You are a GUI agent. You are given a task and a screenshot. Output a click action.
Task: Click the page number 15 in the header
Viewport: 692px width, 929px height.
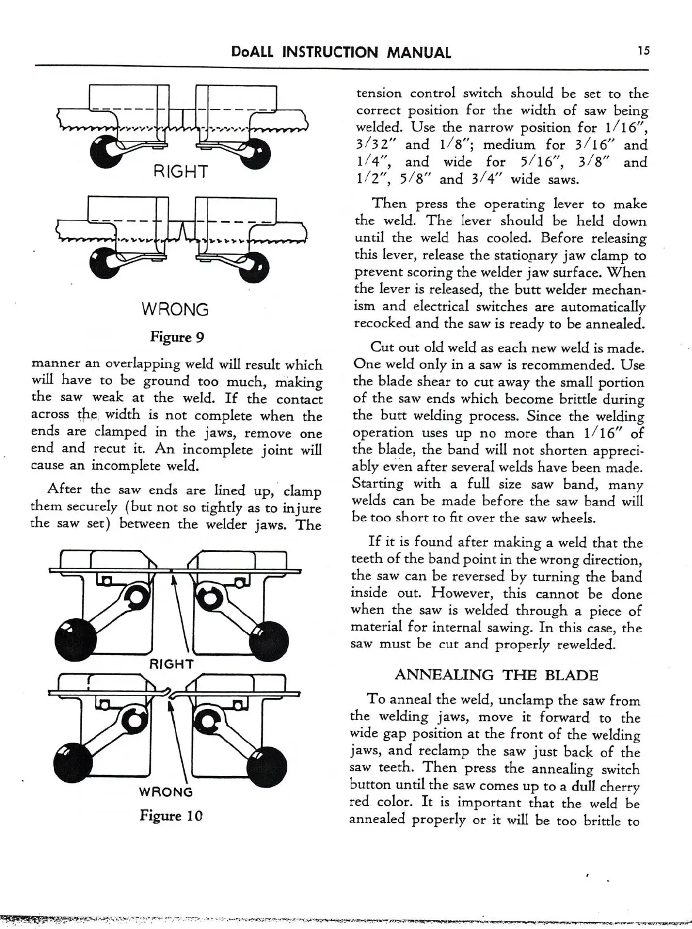click(x=644, y=51)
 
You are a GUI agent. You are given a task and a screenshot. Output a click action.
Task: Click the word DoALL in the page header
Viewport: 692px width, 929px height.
click(x=253, y=53)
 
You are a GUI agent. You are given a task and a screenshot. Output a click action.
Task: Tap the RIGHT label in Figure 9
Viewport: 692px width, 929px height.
click(x=181, y=171)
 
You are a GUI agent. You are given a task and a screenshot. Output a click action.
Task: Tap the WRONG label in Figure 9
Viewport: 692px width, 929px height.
click(x=175, y=309)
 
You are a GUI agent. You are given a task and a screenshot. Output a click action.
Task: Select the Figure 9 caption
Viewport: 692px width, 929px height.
click(x=177, y=337)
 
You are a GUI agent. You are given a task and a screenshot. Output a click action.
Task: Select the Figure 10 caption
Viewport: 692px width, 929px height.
click(x=171, y=815)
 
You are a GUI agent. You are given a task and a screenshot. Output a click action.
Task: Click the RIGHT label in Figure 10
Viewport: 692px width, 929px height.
click(x=171, y=664)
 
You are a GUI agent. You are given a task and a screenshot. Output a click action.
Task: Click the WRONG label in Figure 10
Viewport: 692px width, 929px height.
click(x=165, y=792)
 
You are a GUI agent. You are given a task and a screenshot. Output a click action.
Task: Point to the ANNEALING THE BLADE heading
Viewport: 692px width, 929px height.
click(x=496, y=675)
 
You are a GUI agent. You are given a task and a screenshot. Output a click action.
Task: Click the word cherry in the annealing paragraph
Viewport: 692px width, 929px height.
click(x=620, y=786)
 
